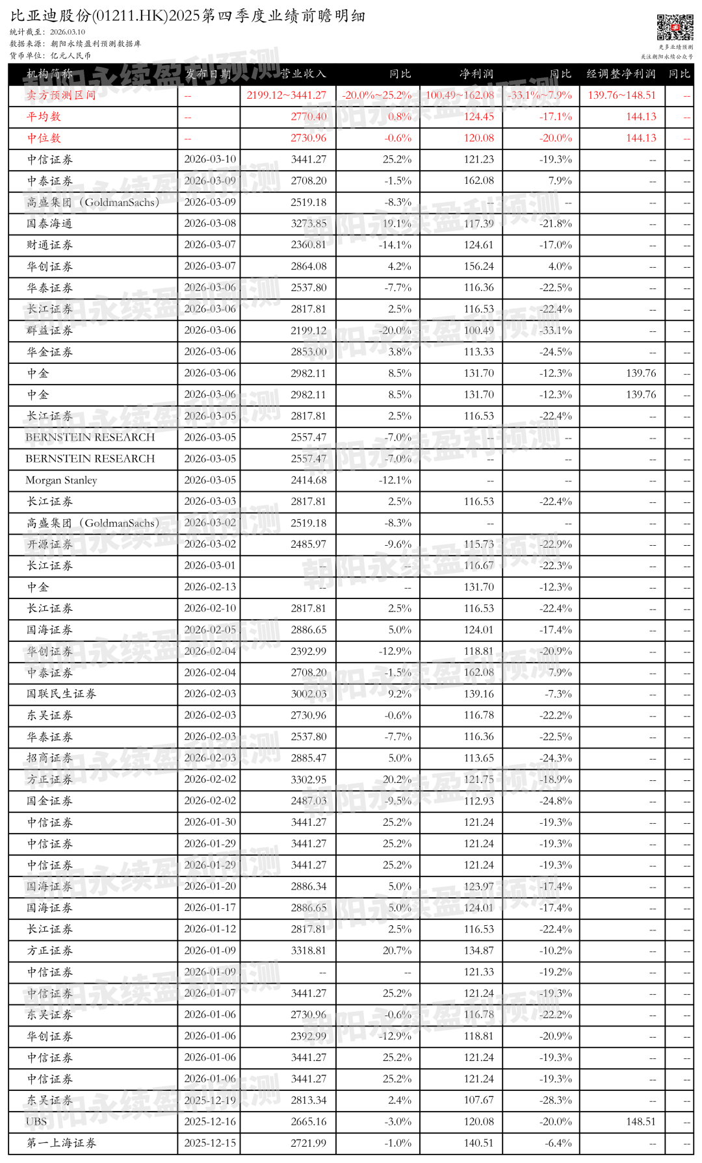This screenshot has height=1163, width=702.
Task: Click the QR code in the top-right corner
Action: [x=675, y=27]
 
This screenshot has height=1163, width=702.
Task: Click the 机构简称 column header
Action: [x=49, y=74]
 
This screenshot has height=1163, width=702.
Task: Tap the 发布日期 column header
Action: [x=208, y=74]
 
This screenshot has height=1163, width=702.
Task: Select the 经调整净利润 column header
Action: [x=621, y=74]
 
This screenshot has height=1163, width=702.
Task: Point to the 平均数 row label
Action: [x=44, y=117]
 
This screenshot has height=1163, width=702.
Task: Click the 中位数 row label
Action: [x=44, y=138]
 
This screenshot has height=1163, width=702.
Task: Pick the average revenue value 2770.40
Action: [x=309, y=117]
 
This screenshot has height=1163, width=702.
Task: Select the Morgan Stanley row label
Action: [x=61, y=480]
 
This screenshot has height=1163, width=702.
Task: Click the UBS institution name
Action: [x=36, y=1121]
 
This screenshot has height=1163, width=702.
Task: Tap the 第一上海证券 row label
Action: [x=61, y=1143]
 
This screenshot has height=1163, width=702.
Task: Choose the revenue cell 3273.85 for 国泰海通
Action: [x=309, y=224]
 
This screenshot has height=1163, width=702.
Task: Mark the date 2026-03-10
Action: [x=210, y=159]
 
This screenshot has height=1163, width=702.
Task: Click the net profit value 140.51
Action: [x=479, y=1143]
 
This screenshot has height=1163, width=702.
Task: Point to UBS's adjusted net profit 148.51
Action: [x=641, y=1121]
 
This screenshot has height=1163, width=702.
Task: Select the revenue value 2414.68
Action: [x=309, y=480]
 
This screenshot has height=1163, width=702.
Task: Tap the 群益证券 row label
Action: [x=49, y=331]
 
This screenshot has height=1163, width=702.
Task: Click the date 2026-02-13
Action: [x=210, y=587]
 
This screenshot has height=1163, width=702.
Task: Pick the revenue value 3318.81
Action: [x=309, y=951]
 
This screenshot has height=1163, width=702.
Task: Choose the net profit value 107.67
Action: [x=479, y=1100]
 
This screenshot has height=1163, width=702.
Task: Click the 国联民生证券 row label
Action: [x=61, y=694]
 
